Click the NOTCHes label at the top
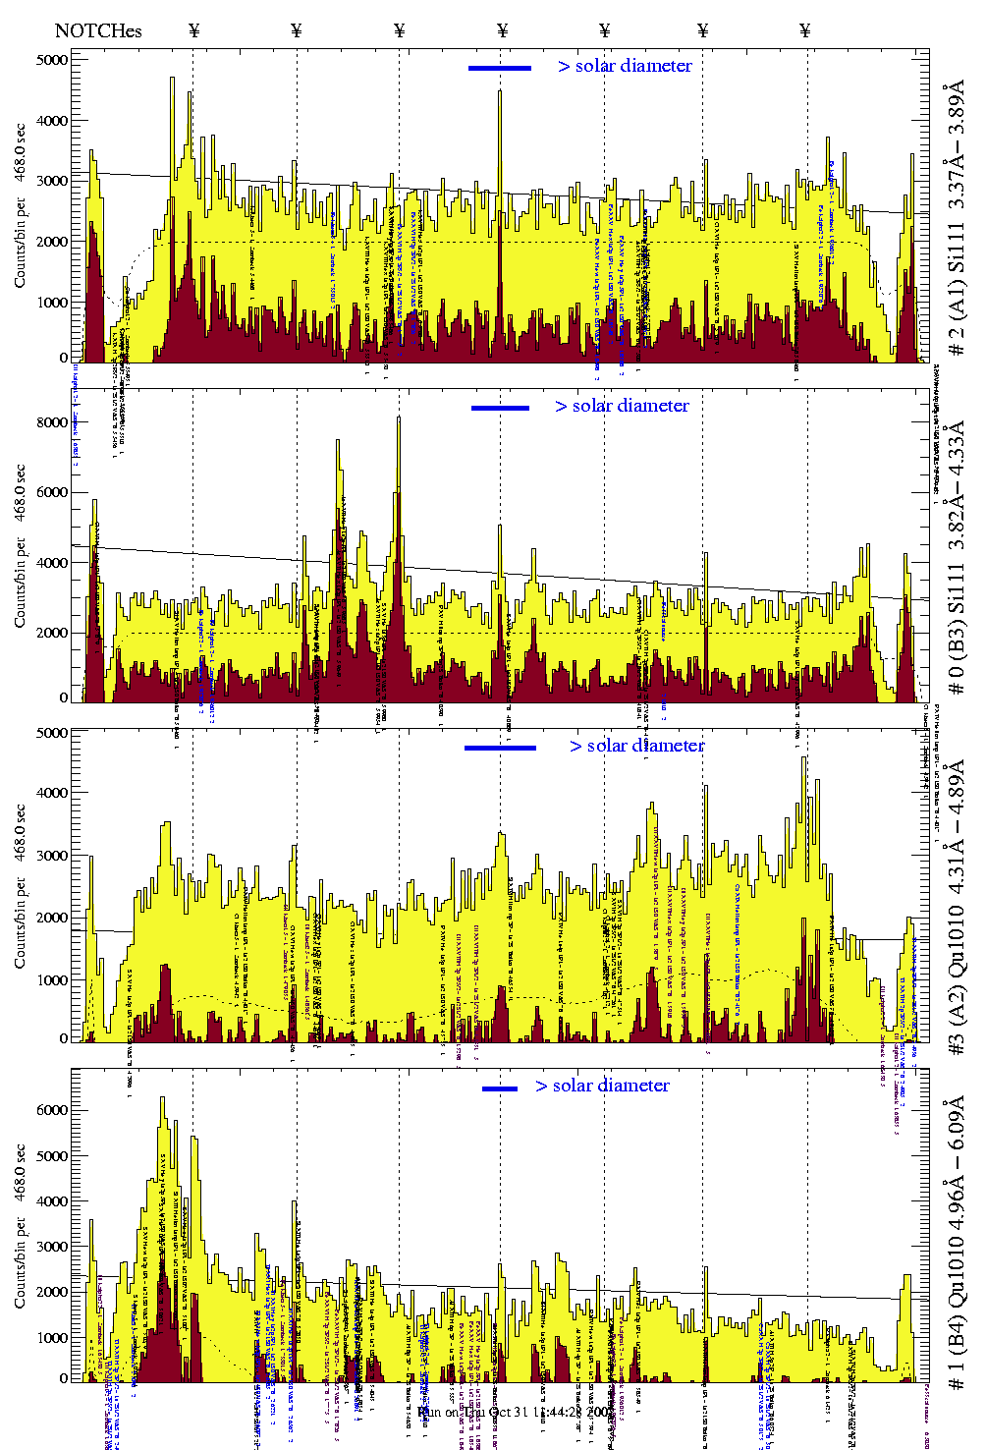98,30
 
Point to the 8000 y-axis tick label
52,422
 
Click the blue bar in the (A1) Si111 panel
500,68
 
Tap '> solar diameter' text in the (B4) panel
602,1086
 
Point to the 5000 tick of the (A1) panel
52,60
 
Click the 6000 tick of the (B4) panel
52,1110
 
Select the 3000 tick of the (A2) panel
52,856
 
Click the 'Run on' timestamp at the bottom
502,1412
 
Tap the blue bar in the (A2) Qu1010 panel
500,748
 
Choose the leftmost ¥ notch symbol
193,30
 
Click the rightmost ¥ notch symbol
805,30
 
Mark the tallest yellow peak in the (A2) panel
804,757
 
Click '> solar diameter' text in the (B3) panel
622,406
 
